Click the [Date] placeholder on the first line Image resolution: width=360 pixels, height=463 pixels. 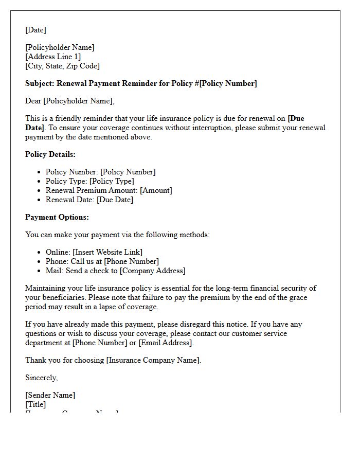pos(35,30)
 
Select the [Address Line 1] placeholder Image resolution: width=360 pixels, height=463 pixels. pos(53,57)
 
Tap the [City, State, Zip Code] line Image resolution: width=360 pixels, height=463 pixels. pos(62,66)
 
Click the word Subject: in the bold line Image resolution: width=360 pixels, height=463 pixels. pos(40,83)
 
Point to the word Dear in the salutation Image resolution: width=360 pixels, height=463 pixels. pos(33,101)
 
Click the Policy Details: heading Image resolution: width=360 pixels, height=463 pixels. pos(50,154)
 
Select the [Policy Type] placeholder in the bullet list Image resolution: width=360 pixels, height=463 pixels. pos(112,181)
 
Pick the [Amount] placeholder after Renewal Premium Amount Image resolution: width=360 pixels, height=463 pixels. pos(156,190)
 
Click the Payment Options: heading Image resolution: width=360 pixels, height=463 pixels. pos(57,217)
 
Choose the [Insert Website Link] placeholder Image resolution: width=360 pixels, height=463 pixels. pos(107,252)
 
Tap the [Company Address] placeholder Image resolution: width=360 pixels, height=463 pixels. pos(152,271)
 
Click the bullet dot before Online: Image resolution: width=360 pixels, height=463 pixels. pos(40,252)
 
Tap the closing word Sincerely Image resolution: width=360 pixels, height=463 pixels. pos(41,378)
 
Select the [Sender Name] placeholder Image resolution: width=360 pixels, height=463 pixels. pos(50,395)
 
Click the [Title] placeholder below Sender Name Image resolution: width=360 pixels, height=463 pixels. pos(35,404)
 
